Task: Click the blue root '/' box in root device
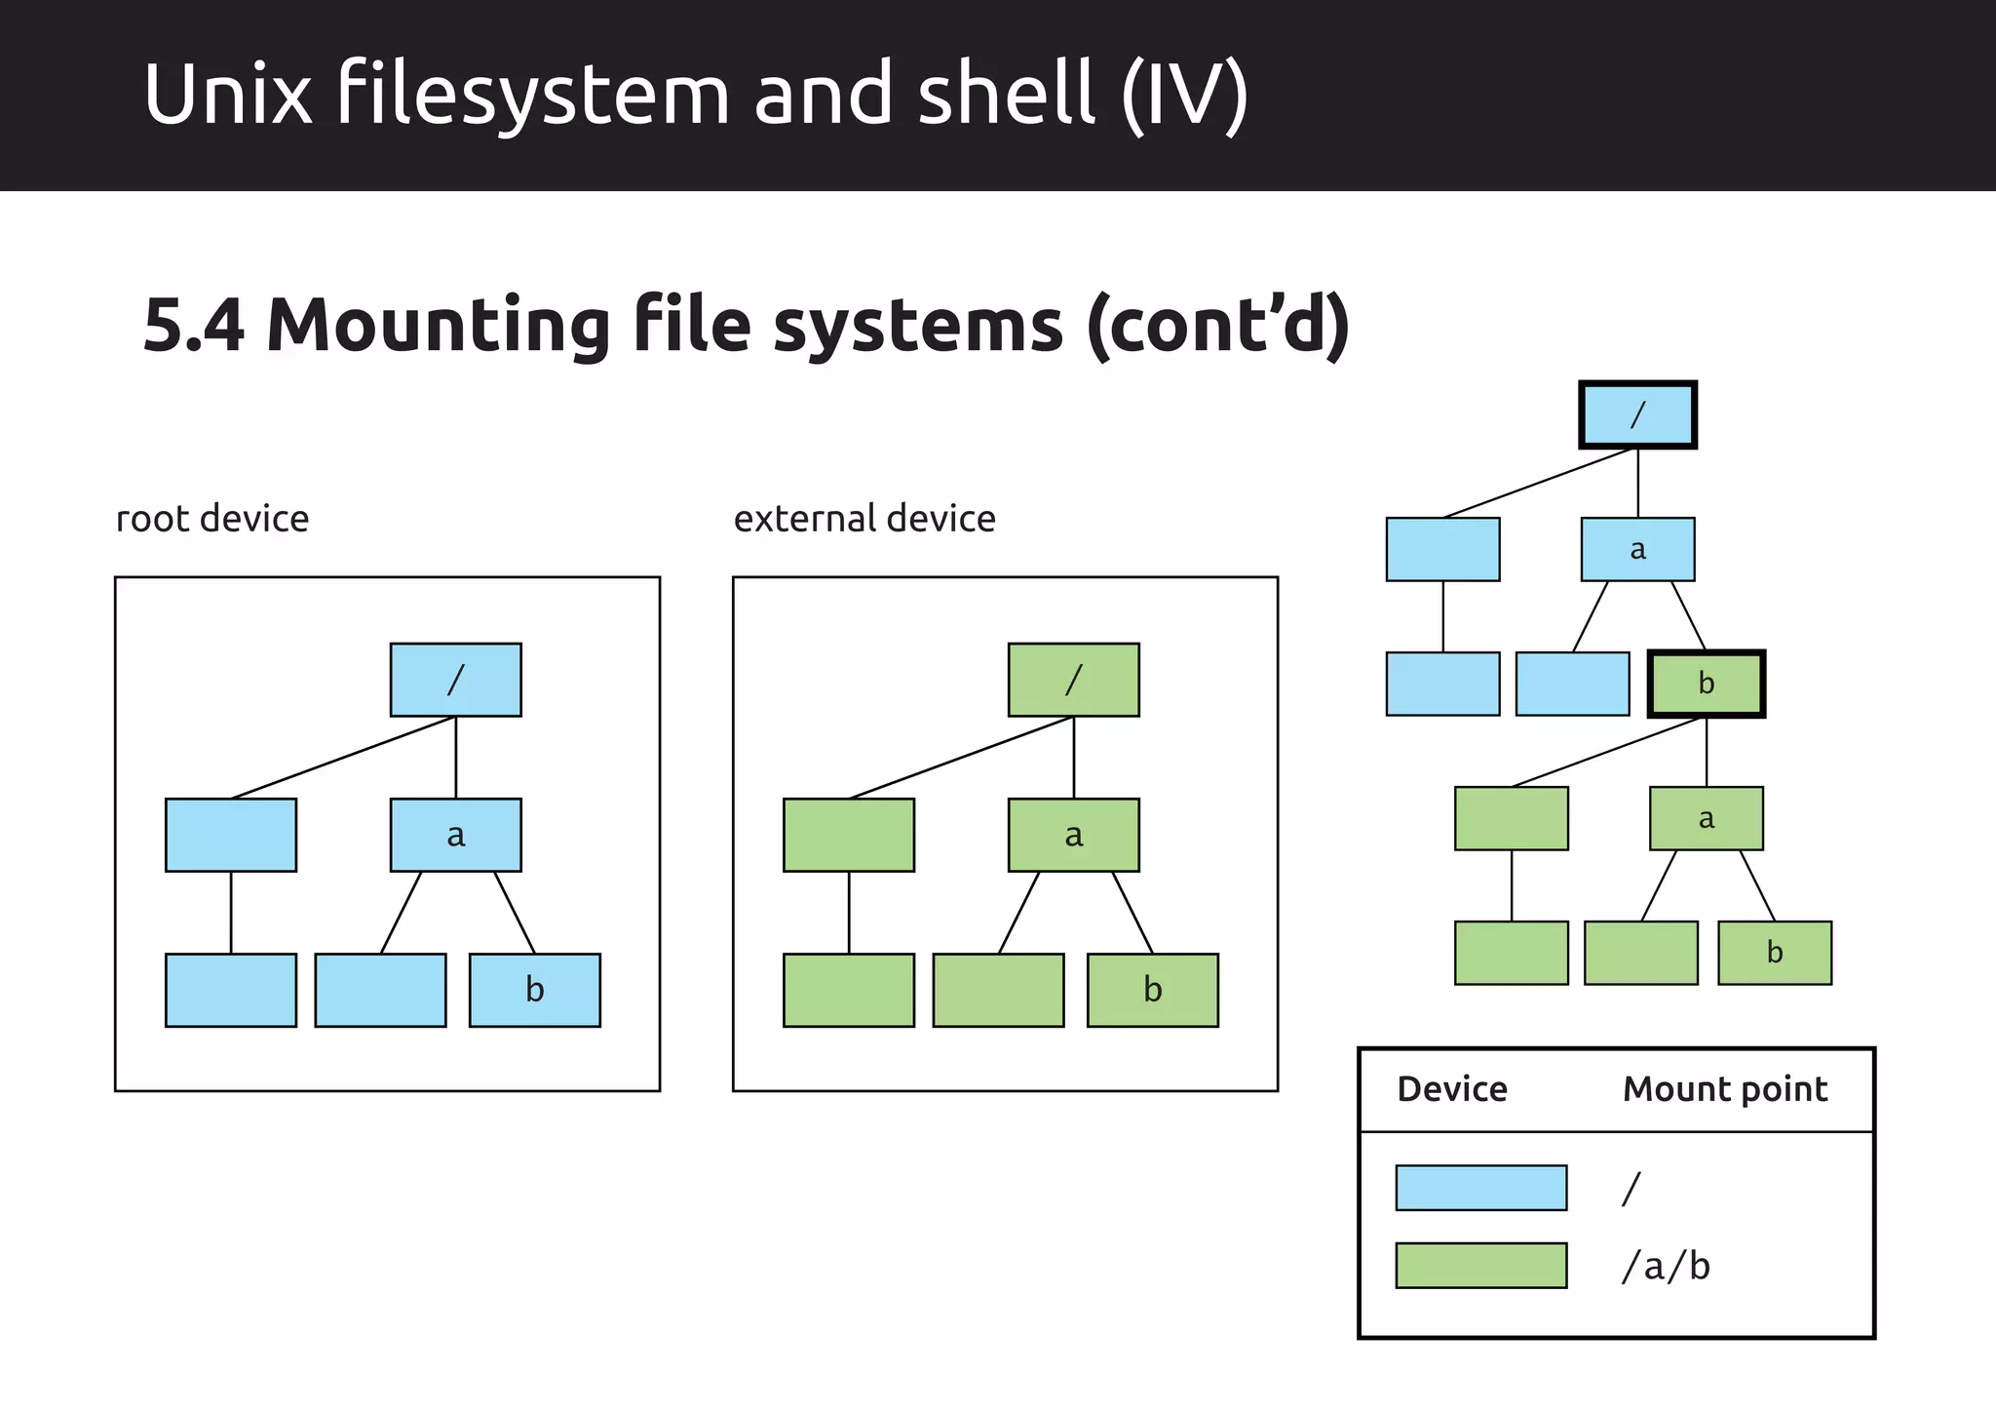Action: (455, 680)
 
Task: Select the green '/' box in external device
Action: (1073, 680)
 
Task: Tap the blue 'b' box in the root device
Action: (534, 990)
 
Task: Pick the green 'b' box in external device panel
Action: (1152, 990)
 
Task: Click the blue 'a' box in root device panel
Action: (455, 835)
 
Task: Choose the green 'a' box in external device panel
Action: (1073, 835)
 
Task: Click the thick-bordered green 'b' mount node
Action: (1706, 684)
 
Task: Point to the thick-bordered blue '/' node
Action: (1637, 414)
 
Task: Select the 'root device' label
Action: (212, 519)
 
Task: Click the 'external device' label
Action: (864, 519)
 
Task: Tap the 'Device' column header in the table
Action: (1451, 1089)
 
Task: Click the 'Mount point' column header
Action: (1724, 1089)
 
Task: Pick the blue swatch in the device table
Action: (1480, 1188)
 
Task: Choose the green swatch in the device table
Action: (1480, 1266)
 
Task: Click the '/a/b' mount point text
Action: (1665, 1267)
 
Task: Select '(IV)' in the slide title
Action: (1184, 95)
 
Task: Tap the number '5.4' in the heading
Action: (193, 325)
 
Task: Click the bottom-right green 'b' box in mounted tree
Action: (1774, 953)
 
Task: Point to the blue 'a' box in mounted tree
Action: (1637, 549)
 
